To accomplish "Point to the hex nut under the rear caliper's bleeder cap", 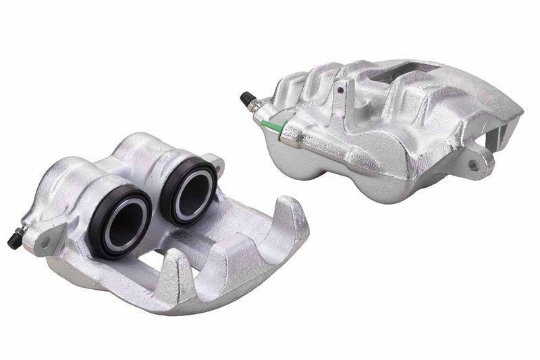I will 254,106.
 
